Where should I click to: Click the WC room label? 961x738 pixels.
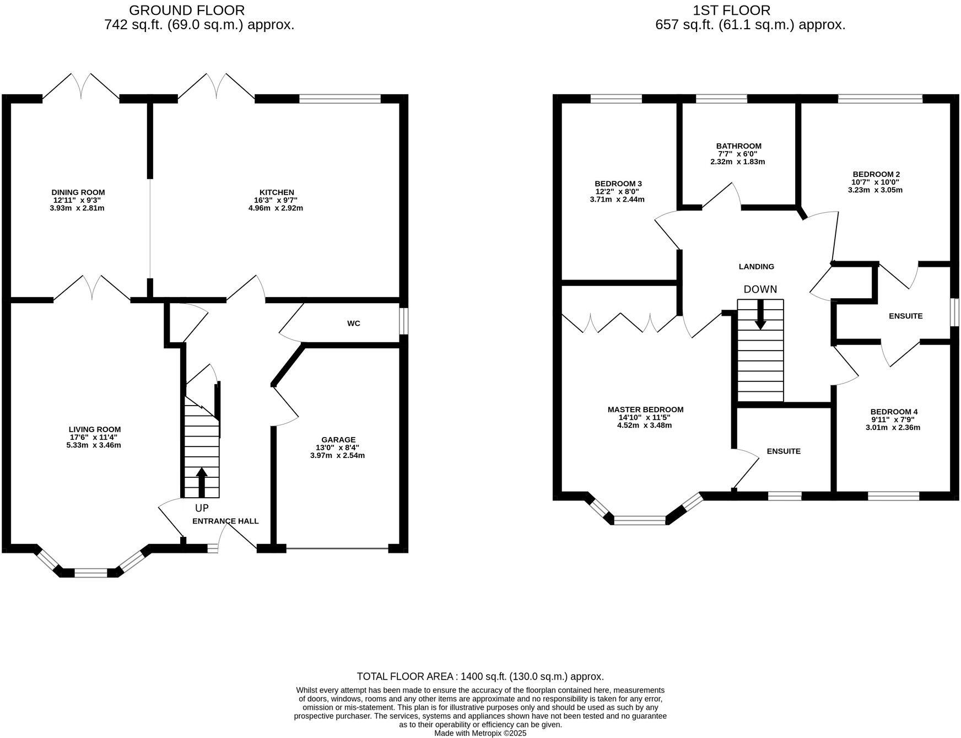point(353,324)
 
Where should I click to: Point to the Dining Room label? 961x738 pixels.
point(78,192)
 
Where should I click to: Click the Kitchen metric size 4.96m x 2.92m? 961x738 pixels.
point(276,208)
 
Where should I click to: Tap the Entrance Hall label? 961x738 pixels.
point(225,521)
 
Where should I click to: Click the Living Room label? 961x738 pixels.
point(95,429)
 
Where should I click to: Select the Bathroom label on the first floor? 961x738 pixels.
point(738,146)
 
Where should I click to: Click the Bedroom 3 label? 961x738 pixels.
point(618,184)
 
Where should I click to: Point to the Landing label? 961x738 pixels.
point(756,267)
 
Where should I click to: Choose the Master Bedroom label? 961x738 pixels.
point(645,410)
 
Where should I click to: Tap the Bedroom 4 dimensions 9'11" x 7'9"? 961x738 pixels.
point(894,419)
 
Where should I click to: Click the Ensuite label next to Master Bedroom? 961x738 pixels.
point(784,451)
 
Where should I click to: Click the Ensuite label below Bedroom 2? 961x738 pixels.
point(905,316)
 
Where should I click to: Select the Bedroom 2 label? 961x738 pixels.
point(876,174)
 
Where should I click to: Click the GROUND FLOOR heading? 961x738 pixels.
point(187,10)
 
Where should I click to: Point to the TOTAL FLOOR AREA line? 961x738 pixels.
point(480,676)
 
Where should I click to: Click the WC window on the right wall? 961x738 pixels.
point(404,321)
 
